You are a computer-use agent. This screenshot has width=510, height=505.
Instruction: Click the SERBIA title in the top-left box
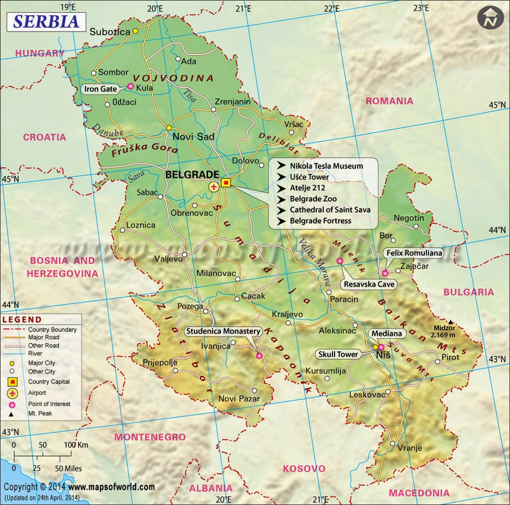click(x=45, y=21)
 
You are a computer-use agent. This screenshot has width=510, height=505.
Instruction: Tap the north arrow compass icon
click(x=490, y=19)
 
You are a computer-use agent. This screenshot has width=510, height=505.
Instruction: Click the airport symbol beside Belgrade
click(x=214, y=187)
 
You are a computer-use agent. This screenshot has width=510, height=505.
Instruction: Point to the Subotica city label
click(x=110, y=32)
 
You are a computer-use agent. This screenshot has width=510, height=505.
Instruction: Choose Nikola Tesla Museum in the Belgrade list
click(x=326, y=166)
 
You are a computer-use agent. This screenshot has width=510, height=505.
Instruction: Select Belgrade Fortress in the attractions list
click(x=320, y=221)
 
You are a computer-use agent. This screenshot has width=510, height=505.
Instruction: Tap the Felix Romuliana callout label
click(x=414, y=253)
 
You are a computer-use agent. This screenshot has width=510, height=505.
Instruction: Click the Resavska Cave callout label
click(x=369, y=284)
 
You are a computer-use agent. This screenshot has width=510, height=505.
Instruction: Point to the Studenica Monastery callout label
click(x=223, y=331)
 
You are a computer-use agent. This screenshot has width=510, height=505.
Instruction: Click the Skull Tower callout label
click(x=338, y=354)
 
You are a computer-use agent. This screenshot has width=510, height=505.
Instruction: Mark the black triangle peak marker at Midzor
click(x=450, y=322)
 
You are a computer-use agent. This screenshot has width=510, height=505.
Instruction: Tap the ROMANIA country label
click(x=389, y=101)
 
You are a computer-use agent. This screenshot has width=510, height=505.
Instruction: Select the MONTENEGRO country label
click(x=150, y=437)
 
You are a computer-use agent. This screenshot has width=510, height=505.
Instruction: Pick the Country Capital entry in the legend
click(x=49, y=382)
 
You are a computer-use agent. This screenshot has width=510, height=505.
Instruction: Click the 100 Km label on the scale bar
click(x=75, y=445)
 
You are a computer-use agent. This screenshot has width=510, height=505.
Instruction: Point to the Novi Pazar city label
click(x=239, y=399)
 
